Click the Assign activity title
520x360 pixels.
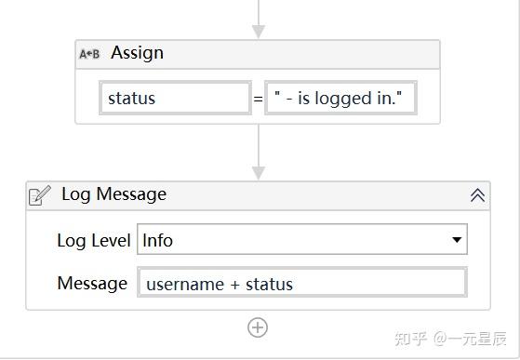pos(137,53)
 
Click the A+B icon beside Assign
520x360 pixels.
pos(89,54)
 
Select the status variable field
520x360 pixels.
pos(175,98)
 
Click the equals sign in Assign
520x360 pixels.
pos(258,98)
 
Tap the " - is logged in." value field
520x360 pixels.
pos(340,98)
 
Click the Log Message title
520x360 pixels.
pos(113,194)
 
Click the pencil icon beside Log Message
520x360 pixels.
pos(40,195)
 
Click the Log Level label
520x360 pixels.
pos(93,240)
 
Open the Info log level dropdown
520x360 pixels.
pos(301,240)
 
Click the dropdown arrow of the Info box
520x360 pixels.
pos(457,240)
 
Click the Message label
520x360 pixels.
pos(92,283)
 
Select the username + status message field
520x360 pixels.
pos(301,284)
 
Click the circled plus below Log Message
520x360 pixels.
pos(258,327)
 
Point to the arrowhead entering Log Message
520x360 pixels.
pos(259,172)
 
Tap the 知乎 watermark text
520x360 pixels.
pos(409,338)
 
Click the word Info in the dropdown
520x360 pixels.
pos(157,240)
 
